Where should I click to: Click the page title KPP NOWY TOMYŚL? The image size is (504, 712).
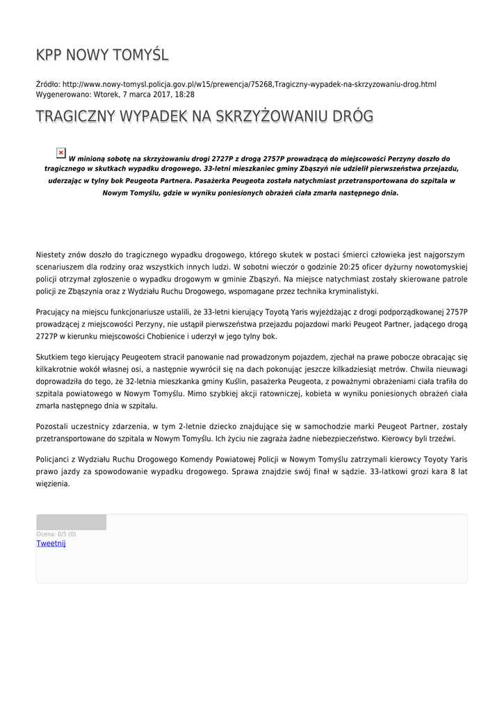coord(102,55)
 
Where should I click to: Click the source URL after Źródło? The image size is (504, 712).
coord(249,84)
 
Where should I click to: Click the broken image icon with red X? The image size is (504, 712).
coord(61,153)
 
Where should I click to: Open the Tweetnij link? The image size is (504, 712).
coord(51,544)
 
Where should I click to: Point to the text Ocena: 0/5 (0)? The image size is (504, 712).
coord(56,534)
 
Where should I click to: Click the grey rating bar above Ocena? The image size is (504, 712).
coord(72,522)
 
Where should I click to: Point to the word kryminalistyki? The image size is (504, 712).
coord(353,291)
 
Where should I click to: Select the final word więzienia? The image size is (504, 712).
coord(53,484)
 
